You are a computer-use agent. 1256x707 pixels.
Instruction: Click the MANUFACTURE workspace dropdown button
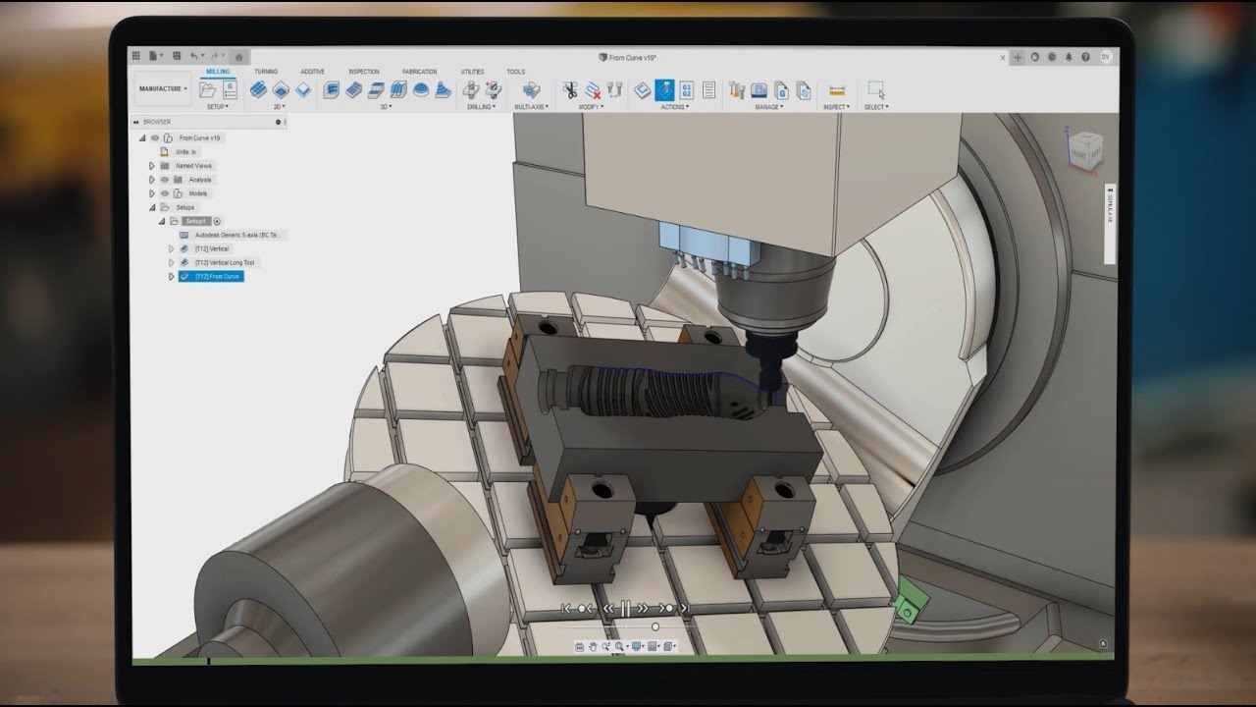coord(162,88)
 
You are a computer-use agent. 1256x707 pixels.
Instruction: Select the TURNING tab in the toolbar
coord(266,72)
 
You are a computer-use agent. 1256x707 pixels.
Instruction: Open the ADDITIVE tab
coord(312,72)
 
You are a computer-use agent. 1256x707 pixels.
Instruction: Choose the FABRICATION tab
coord(419,72)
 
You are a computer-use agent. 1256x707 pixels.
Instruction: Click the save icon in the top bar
coord(177,56)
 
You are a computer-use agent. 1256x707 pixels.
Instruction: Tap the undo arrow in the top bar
coord(194,56)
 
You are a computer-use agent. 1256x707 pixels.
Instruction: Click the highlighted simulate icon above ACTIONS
coord(664,89)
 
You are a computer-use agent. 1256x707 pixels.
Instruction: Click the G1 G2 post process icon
coord(686,89)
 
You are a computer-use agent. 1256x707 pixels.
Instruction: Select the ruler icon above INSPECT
coord(836,90)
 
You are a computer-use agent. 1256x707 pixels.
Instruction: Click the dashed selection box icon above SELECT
coord(875,90)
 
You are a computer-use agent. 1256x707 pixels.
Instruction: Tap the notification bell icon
coord(1067,57)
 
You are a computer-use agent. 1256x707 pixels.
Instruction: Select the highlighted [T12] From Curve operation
coord(217,277)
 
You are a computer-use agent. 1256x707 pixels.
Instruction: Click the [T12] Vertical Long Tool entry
coord(225,263)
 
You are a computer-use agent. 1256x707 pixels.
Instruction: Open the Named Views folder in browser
coord(193,166)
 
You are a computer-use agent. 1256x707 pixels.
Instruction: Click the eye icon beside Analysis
coord(165,180)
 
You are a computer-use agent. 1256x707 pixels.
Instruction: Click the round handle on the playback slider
coord(655,626)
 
